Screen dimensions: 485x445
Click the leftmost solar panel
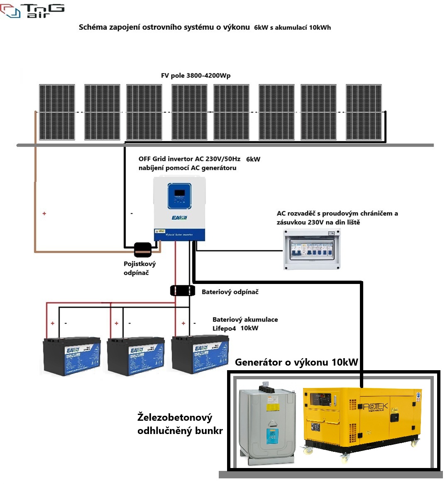pyautogui.click(x=57, y=112)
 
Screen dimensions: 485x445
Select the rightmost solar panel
pyautogui.click(x=364, y=112)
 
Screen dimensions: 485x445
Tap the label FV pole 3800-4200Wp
pyautogui.click(x=196, y=75)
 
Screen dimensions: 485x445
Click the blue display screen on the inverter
pyautogui.click(x=179, y=196)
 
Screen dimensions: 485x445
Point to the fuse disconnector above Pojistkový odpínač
pyautogui.click(x=142, y=249)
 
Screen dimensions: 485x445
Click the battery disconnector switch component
pyautogui.click(x=182, y=291)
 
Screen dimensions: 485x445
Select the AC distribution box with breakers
pyautogui.click(x=312, y=250)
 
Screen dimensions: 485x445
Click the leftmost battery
pyautogui.click(x=72, y=356)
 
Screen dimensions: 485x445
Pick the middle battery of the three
pyautogui.click(x=136, y=356)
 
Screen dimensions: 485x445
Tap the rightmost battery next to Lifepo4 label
pyautogui.click(x=200, y=354)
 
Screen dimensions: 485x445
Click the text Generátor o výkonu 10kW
pyautogui.click(x=296, y=362)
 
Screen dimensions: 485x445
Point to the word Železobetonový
pyautogui.click(x=175, y=417)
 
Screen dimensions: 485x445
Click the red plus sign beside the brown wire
pyautogui.click(x=44, y=213)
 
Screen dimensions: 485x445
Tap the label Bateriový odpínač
pyautogui.click(x=230, y=292)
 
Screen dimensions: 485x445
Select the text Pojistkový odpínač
pyautogui.click(x=139, y=268)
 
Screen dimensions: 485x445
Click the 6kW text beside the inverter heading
pyautogui.click(x=253, y=159)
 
